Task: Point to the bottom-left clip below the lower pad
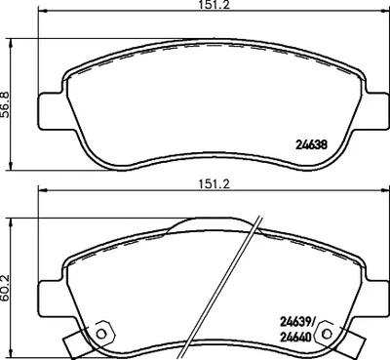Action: (78, 343)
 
